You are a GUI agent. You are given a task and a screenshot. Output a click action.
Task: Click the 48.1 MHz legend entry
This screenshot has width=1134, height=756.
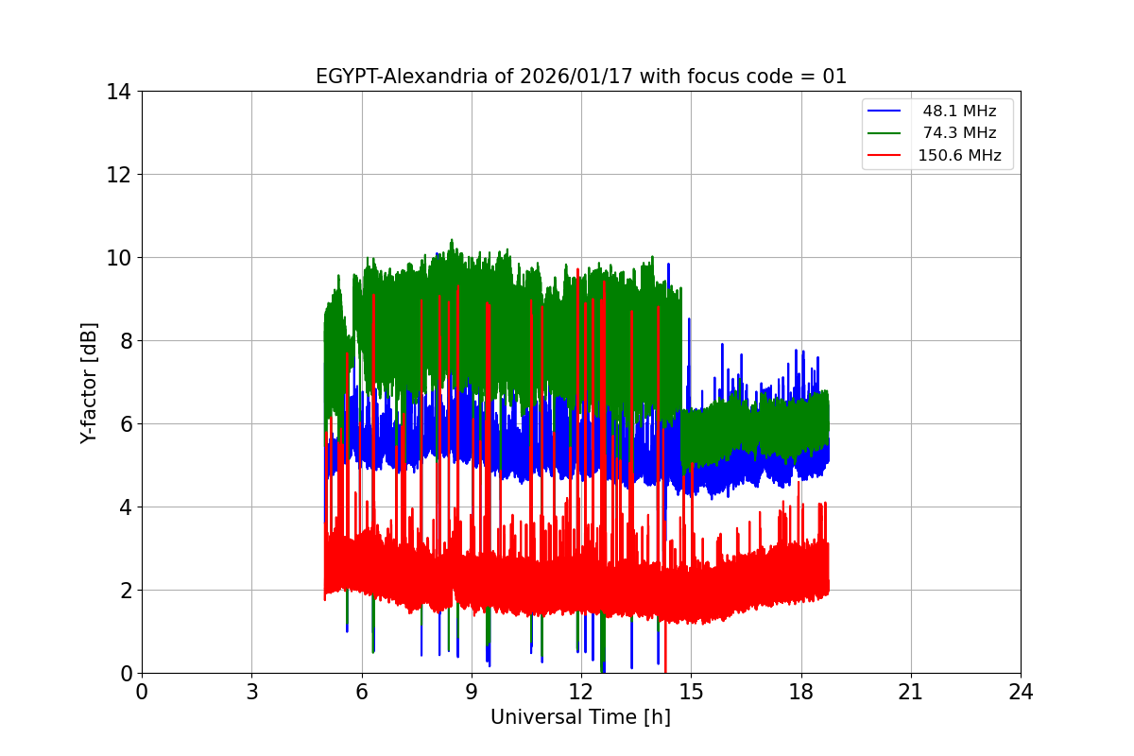(959, 112)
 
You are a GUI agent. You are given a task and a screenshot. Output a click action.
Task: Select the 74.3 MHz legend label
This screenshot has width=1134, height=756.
(959, 133)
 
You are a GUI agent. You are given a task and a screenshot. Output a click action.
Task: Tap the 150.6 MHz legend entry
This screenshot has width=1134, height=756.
(959, 156)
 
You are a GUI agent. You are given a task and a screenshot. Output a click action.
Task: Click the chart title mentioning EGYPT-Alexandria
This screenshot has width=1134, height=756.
(581, 77)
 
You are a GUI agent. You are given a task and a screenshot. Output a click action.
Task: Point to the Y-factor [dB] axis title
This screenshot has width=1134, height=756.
(89, 382)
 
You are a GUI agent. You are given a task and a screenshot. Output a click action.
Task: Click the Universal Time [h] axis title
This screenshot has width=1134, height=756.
(580, 717)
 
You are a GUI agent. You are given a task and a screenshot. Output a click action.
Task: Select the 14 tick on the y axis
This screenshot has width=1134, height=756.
(118, 92)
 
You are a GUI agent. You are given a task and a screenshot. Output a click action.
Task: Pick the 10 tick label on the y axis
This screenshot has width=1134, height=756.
(118, 258)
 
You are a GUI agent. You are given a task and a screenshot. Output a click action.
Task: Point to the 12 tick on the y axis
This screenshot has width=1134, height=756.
(118, 175)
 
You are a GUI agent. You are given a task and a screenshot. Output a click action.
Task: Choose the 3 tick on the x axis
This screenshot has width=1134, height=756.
(251, 692)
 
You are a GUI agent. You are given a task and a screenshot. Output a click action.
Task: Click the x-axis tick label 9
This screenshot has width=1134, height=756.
(472, 692)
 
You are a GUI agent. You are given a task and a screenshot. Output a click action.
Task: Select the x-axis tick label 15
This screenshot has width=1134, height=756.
(691, 692)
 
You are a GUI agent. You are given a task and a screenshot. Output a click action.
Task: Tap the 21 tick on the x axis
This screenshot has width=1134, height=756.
(911, 692)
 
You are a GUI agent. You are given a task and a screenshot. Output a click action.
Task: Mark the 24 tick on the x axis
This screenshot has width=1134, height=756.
(1021, 692)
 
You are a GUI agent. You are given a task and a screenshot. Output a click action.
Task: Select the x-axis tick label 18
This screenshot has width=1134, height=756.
(801, 692)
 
